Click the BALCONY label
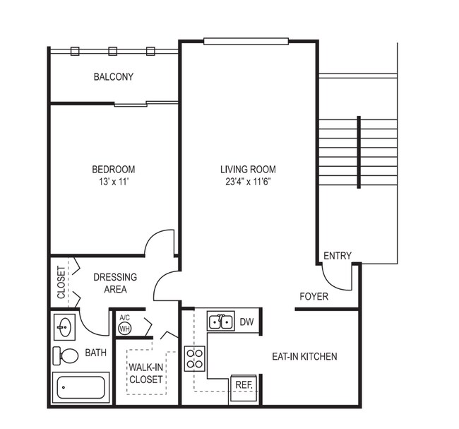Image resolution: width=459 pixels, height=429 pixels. [113, 76]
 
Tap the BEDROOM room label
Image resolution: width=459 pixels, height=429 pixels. [113, 170]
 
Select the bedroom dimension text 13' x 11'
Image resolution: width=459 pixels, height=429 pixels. [113, 182]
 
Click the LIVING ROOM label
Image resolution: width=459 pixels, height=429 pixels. [248, 170]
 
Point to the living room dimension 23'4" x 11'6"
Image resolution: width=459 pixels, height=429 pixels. [248, 182]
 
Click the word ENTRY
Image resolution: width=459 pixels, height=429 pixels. [337, 256]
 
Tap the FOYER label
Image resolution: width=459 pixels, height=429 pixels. [314, 297]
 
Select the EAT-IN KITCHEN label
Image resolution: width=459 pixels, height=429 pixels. [304, 357]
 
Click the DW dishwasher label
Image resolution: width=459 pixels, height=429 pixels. [246, 322]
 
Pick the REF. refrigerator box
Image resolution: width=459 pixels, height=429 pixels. [244, 385]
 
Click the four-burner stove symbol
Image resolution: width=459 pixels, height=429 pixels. [194, 358]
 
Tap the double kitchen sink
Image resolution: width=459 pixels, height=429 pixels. [221, 322]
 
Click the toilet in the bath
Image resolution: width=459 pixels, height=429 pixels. [68, 355]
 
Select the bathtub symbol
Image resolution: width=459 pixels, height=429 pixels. [81, 387]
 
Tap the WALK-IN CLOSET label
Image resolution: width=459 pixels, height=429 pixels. [145, 373]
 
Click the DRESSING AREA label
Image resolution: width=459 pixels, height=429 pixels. [115, 283]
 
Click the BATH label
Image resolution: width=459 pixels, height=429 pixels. [95, 352]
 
